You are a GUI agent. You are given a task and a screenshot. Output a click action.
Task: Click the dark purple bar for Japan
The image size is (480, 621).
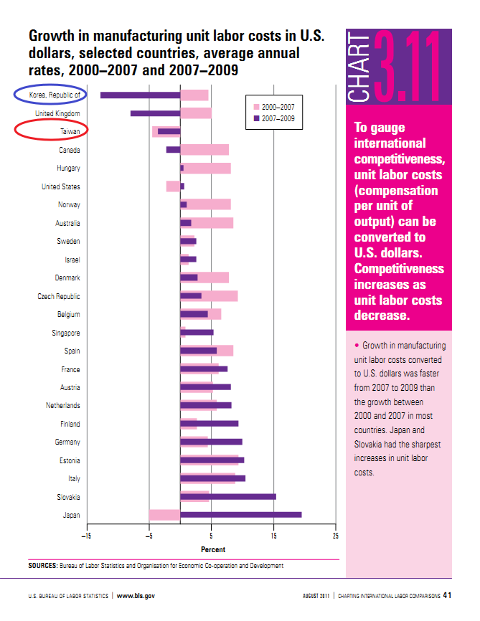pyautogui.click(x=240, y=515)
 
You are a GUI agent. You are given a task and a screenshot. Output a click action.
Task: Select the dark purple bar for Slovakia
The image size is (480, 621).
pyautogui.click(x=227, y=496)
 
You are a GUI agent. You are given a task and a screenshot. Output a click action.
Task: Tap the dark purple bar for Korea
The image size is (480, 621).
pyautogui.click(x=140, y=95)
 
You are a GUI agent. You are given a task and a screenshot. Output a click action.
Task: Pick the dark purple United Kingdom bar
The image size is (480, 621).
pyautogui.click(x=155, y=113)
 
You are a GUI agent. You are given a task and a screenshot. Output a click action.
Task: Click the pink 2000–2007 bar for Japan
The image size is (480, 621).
pyautogui.click(x=164, y=515)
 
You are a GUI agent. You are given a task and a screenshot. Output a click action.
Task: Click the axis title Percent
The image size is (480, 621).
pyautogui.click(x=212, y=549)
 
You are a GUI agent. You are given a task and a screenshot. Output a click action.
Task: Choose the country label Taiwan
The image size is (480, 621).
pyautogui.click(x=70, y=132)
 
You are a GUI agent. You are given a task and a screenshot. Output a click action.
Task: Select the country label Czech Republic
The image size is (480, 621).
pyautogui.click(x=59, y=296)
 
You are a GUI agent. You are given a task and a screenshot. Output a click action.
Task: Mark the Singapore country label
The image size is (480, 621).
pyautogui.click(x=66, y=333)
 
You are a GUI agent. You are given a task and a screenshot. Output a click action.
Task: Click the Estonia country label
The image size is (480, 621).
pyautogui.click(x=69, y=460)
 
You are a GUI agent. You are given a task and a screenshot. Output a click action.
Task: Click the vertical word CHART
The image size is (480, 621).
pyautogui.click(x=357, y=67)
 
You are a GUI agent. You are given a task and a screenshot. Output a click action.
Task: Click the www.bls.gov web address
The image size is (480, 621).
pyautogui.click(x=136, y=595)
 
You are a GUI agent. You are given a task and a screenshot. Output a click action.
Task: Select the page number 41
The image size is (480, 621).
pyautogui.click(x=447, y=595)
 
